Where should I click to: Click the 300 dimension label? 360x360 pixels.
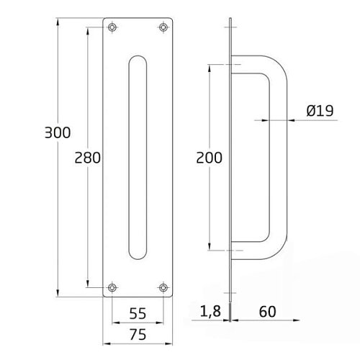(58, 132)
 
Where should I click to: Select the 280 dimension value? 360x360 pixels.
(88, 158)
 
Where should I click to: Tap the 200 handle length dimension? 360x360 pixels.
(210, 158)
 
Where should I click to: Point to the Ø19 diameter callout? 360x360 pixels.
(320, 111)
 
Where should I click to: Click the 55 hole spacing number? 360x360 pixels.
(138, 313)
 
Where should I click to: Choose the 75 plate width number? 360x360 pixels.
(138, 334)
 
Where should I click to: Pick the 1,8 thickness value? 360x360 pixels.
(210, 311)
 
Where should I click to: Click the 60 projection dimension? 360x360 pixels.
(268, 312)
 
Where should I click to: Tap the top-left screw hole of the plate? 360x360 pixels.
(112, 27)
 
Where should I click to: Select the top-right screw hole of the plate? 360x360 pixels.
(163, 27)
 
